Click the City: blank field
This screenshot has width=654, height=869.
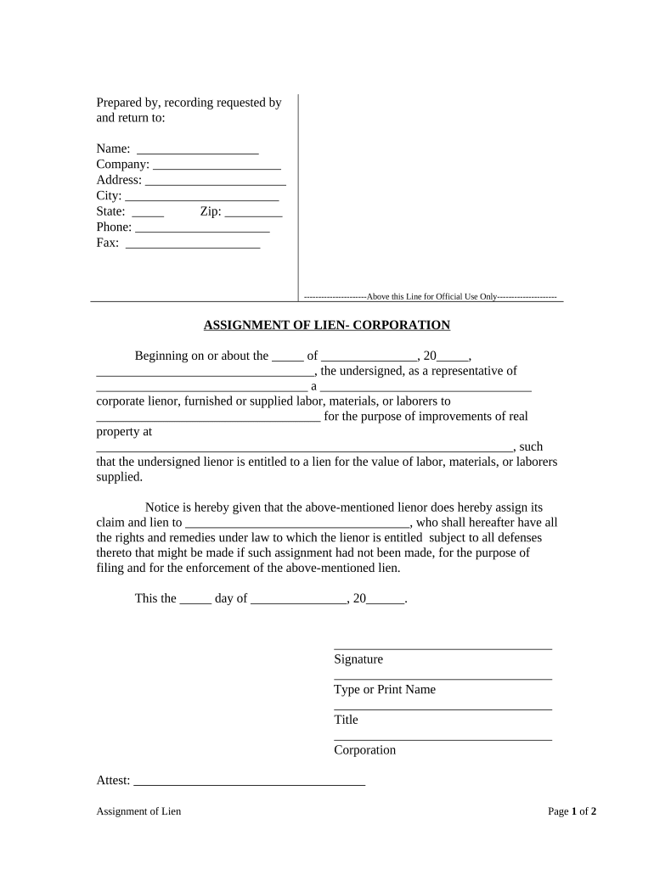(201, 197)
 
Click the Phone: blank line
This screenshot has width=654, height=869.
(202, 228)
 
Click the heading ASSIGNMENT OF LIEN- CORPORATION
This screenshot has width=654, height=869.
(327, 325)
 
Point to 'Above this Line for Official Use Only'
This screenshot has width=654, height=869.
(431, 297)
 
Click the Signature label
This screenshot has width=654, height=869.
(358, 659)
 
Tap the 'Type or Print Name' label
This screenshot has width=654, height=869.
(385, 690)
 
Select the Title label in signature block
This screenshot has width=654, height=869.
(346, 720)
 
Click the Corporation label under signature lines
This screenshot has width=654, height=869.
(364, 750)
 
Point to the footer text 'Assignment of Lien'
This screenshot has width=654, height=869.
(138, 811)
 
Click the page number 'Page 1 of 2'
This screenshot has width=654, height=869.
(572, 811)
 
